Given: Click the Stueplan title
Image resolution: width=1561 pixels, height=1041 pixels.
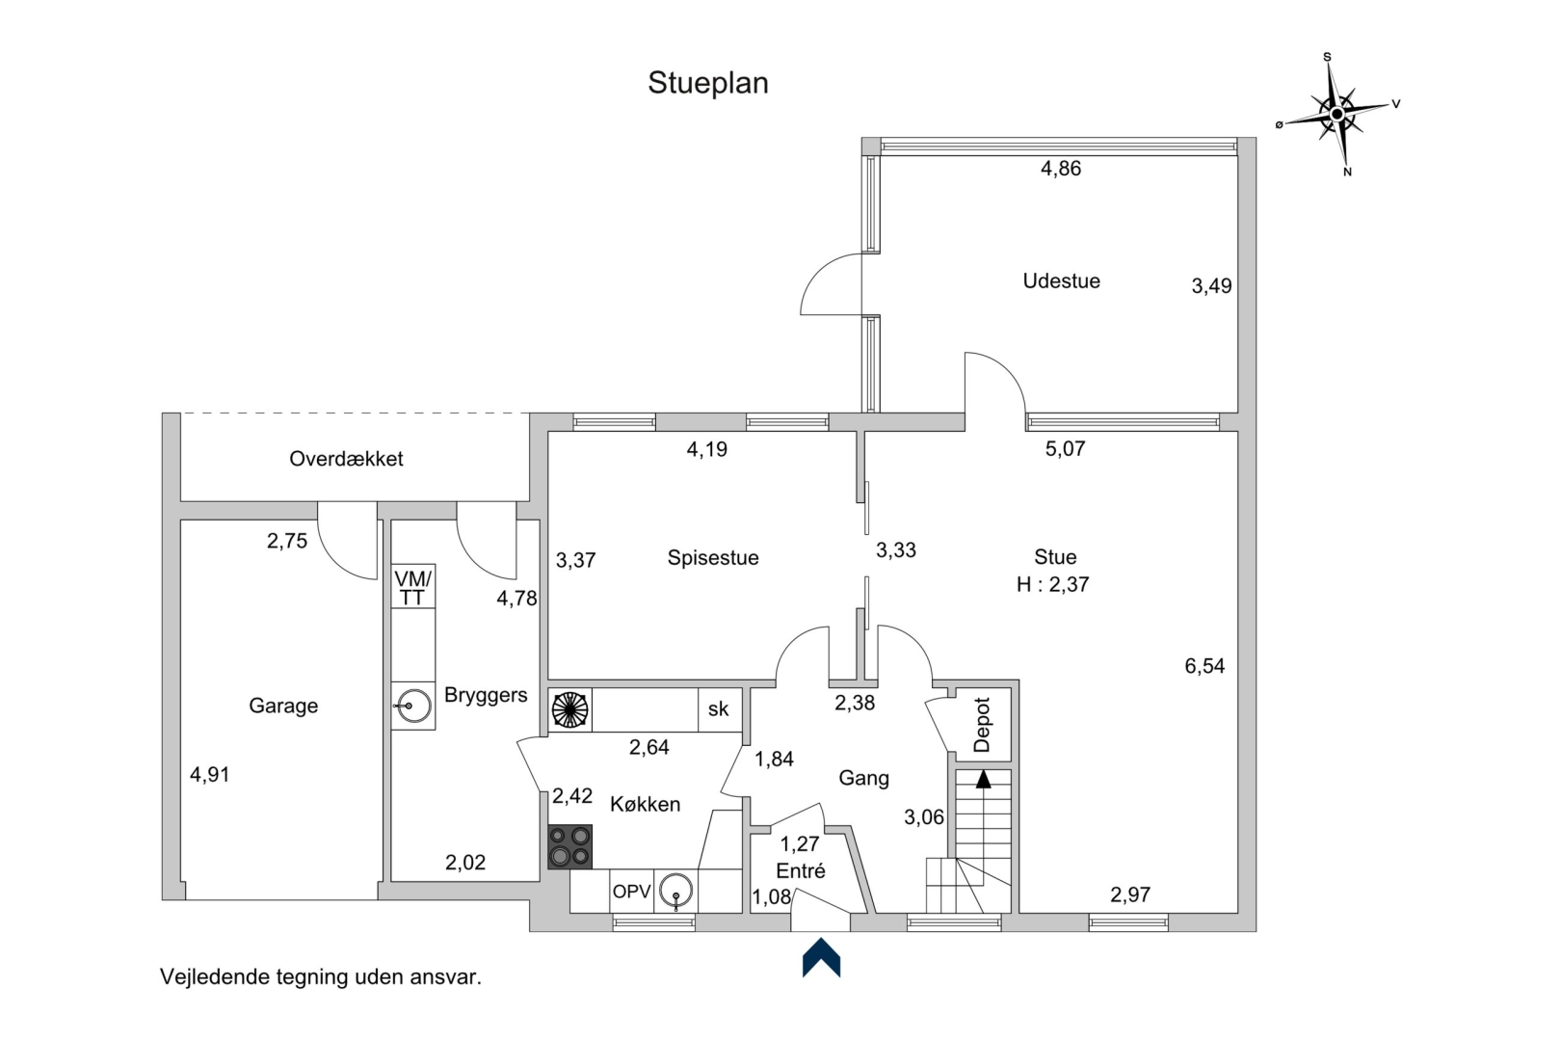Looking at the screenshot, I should (707, 83).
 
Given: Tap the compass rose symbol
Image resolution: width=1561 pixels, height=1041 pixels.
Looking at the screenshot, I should (1337, 115).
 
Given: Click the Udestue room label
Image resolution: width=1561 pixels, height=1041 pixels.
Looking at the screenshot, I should (1061, 280).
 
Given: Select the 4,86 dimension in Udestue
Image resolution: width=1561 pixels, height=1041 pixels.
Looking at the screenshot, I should (1061, 168).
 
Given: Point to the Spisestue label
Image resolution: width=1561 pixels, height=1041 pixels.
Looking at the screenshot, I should (713, 557).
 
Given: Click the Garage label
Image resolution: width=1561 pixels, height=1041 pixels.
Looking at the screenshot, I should (283, 706).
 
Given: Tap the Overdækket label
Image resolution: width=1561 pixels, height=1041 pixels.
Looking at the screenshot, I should (346, 459).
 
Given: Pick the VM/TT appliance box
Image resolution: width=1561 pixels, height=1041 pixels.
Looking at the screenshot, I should (413, 587).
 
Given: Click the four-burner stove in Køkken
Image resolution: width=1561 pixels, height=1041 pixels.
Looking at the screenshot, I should (569, 847).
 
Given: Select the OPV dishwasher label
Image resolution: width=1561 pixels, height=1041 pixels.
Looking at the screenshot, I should (631, 892).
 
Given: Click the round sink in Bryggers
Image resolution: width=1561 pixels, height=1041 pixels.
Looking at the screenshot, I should (413, 707).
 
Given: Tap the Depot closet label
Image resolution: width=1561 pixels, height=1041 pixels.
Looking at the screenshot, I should (982, 724).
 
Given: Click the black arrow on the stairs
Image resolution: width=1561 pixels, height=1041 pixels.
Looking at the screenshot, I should (983, 779).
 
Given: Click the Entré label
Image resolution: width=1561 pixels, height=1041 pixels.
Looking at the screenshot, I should (801, 870).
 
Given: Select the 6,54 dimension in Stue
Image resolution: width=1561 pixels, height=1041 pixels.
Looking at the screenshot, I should (1204, 665).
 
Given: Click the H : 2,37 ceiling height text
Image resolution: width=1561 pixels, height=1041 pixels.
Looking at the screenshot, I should (1052, 584).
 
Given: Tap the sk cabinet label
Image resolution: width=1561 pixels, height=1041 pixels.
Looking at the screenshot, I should (718, 709).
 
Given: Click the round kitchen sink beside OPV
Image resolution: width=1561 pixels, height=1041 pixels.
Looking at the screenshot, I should (676, 892).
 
